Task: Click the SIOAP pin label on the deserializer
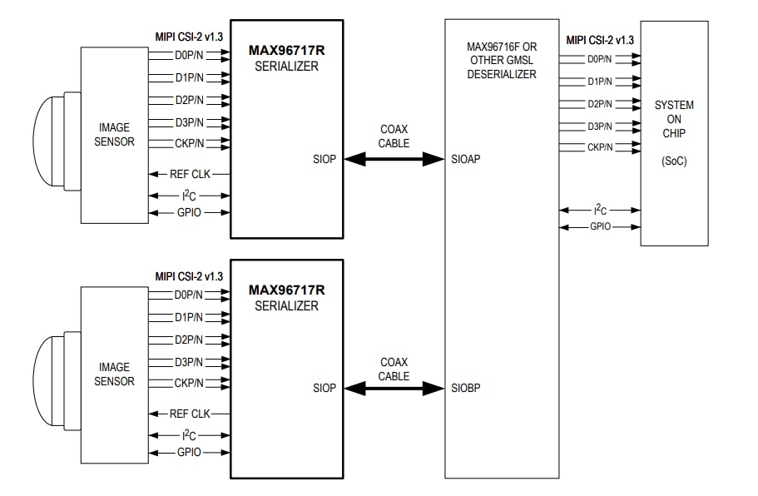click(467, 158)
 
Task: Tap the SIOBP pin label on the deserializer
click(467, 388)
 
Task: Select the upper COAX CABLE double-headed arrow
click(394, 158)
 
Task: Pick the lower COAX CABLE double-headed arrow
click(394, 388)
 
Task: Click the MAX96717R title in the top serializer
click(286, 50)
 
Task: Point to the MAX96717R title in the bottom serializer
click(286, 290)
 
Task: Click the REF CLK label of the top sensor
click(190, 174)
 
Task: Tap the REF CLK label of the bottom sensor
click(190, 414)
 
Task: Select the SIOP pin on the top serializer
click(325, 158)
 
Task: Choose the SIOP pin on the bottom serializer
click(325, 388)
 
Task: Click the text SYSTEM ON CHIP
click(674, 120)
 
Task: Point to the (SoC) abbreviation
click(674, 160)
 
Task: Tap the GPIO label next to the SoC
click(602, 226)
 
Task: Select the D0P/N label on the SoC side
click(600, 59)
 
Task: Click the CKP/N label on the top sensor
click(189, 143)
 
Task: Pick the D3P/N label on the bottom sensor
click(189, 361)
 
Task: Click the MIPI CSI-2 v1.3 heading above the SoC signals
click(600, 40)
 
